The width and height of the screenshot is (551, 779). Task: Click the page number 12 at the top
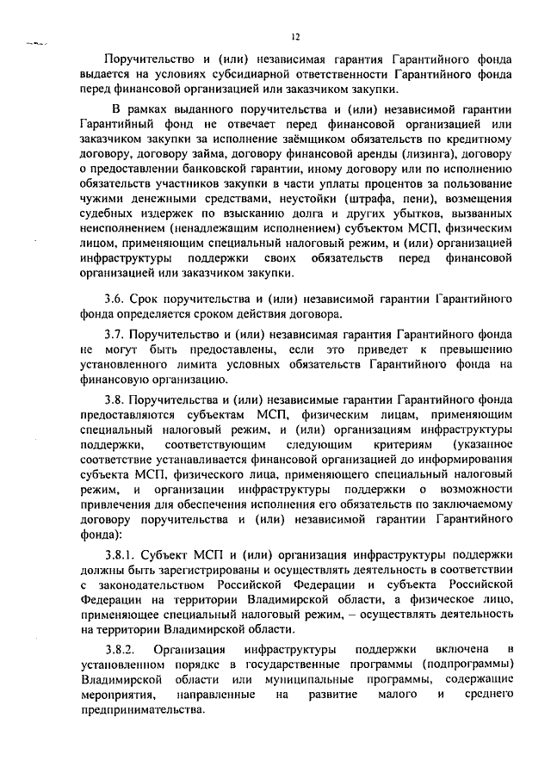point(295,37)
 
